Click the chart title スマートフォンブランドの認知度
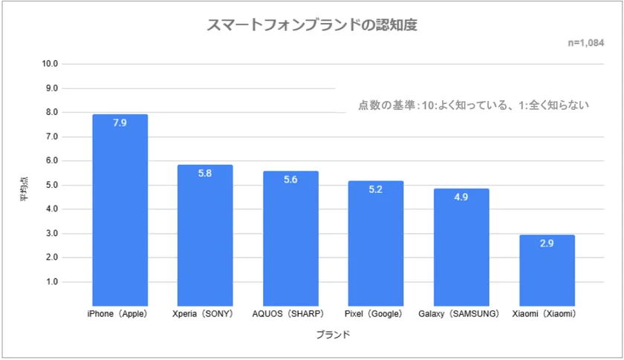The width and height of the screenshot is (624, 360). (x=311, y=25)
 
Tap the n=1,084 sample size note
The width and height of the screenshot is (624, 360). (x=591, y=43)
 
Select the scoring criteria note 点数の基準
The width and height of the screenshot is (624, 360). (x=473, y=105)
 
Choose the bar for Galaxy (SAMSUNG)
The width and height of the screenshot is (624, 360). (x=461, y=247)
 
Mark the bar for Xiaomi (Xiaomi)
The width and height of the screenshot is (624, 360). (x=547, y=271)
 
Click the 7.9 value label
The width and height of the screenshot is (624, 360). (x=120, y=122)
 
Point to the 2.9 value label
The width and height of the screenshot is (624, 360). (x=547, y=243)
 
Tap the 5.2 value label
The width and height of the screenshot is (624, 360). (x=376, y=189)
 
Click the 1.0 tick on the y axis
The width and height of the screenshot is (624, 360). (x=51, y=282)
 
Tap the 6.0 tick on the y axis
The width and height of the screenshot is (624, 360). (x=51, y=161)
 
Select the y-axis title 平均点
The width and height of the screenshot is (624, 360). (x=24, y=192)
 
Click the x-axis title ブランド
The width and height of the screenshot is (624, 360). (x=333, y=335)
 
